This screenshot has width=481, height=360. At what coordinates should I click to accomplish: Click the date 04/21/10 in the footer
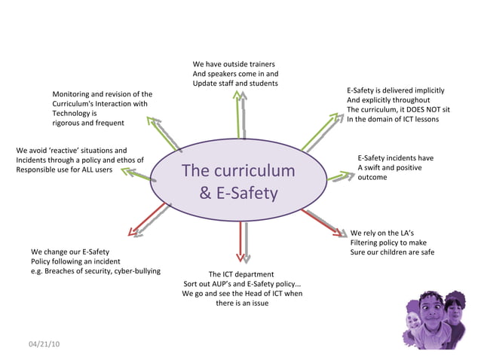coord(44,344)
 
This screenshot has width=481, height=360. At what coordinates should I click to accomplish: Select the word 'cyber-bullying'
coord(136,271)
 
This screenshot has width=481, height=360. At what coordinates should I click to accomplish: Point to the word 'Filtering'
coord(368,243)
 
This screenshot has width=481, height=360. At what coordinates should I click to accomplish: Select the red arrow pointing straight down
coord(241,242)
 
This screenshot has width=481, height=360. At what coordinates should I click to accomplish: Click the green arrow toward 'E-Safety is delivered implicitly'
coord(321,130)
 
